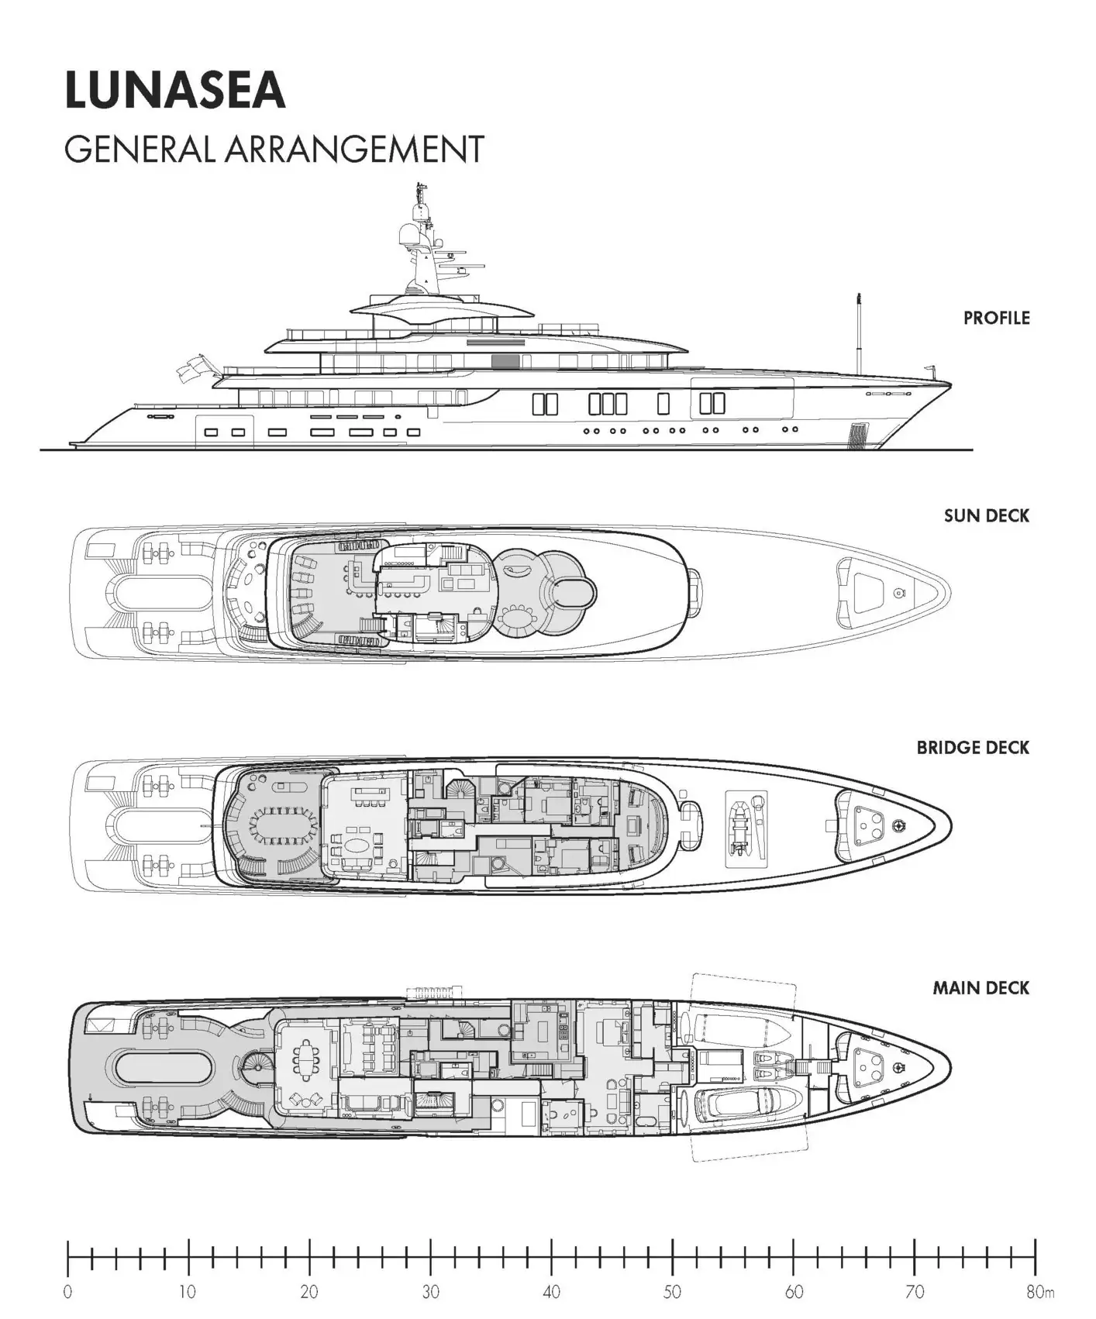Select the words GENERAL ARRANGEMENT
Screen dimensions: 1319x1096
tap(274, 149)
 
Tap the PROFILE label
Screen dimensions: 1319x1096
tap(996, 318)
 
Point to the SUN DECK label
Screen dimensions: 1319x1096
tap(986, 515)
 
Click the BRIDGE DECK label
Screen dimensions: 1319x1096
tap(972, 748)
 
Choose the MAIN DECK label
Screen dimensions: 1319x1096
tap(981, 988)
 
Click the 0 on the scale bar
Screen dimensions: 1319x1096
tap(68, 1292)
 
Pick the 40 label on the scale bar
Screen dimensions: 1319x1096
tap(551, 1292)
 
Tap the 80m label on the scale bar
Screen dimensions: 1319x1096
tap(1039, 1292)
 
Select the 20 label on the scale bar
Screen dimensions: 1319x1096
tap(309, 1292)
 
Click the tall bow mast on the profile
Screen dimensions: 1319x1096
tap(858, 333)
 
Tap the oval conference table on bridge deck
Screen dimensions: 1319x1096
tap(282, 827)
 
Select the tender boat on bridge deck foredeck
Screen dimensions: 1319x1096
tap(745, 828)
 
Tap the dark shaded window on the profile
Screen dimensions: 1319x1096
tap(505, 361)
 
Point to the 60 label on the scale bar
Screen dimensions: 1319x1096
tap(794, 1292)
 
